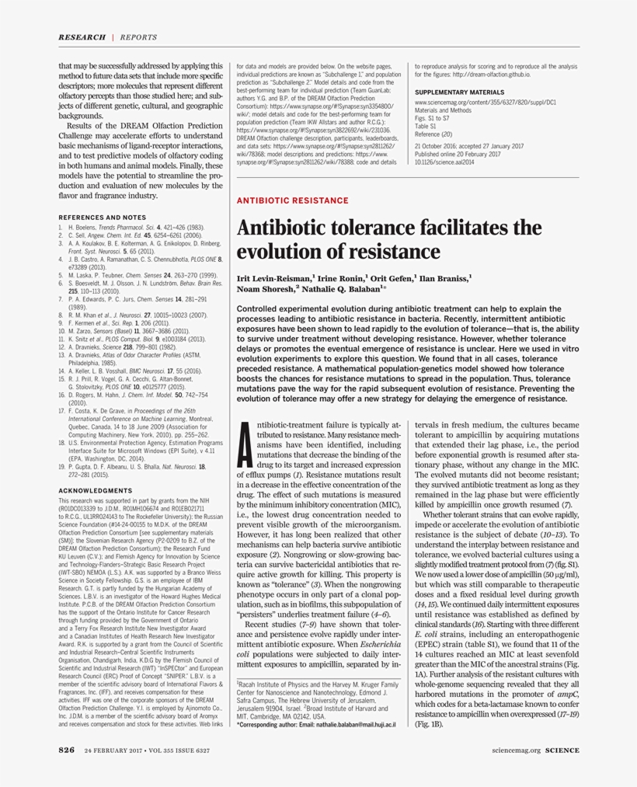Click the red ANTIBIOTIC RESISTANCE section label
coord(292,200)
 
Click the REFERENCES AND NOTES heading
coord(102,217)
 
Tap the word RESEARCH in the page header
coord(82,37)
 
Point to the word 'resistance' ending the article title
coord(397,252)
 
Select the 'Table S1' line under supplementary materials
coord(426,125)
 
